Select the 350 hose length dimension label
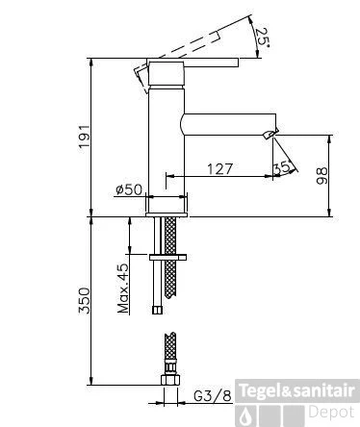85,301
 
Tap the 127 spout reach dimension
219,168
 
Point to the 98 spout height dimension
321,175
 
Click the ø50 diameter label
129,189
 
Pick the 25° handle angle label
263,38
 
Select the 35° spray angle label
282,167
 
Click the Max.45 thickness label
123,289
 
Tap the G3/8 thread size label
213,396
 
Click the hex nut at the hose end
170,380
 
